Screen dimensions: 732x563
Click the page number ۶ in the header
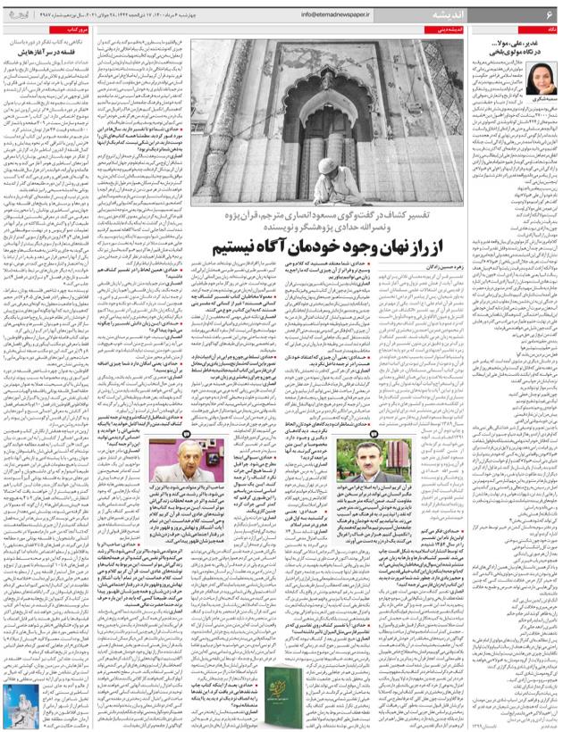550,13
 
